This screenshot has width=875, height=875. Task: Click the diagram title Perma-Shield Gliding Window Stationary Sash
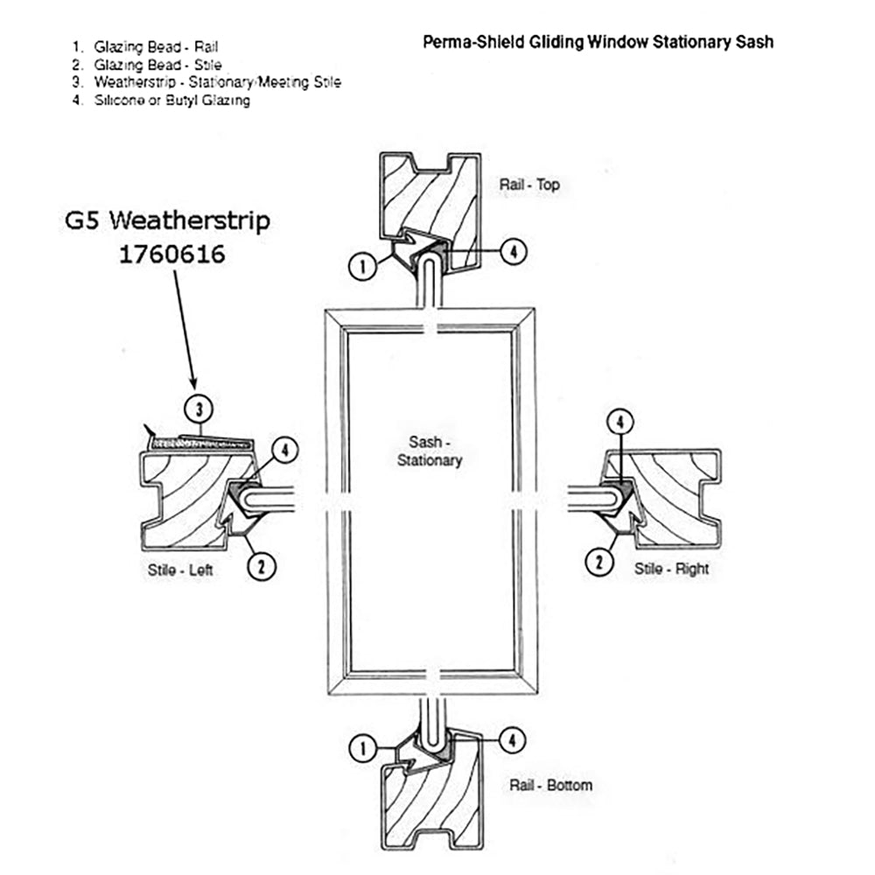[598, 41]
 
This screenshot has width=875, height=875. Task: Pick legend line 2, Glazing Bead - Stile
[157, 65]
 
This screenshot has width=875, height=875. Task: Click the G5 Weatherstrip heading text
[167, 220]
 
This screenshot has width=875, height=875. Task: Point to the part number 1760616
[172, 254]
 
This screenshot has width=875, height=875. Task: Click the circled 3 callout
[199, 409]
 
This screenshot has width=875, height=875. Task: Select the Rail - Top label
[529, 185]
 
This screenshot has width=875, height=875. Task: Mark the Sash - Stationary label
[430, 451]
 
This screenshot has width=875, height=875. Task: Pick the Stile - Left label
[180, 570]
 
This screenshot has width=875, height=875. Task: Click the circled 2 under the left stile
[262, 566]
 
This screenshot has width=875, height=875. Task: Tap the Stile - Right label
[672, 569]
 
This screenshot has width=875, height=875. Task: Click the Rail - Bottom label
[550, 785]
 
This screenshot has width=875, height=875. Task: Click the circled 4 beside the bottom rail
[513, 740]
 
